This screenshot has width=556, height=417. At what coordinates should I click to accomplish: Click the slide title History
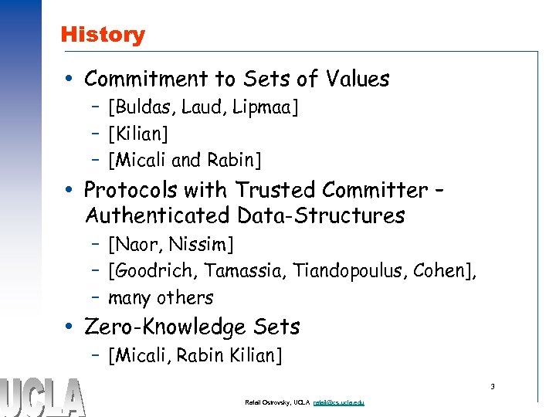(102, 35)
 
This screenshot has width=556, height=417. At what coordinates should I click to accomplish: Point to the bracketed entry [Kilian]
(138, 134)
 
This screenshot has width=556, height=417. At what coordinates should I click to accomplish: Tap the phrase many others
(161, 297)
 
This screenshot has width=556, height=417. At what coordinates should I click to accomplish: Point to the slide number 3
(492, 385)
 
